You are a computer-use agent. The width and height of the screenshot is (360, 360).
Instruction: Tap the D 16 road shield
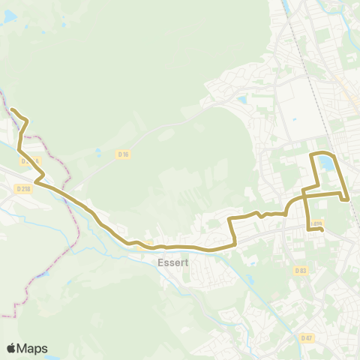click(124, 154)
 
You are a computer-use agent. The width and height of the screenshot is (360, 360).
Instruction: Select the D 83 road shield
click(301, 271)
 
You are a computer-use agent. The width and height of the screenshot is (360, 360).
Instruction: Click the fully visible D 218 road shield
click(22, 189)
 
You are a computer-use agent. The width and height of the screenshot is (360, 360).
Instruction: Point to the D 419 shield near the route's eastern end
click(315, 223)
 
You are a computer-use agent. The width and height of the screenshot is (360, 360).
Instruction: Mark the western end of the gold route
click(11, 110)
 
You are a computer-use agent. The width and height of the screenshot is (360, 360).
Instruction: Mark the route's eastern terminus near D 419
click(322, 230)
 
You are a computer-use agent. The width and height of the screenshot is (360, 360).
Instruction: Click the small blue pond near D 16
click(97, 151)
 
